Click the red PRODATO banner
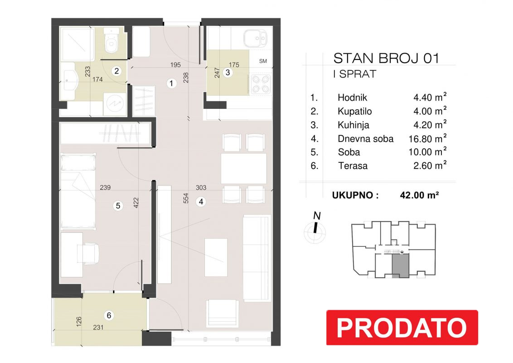(402, 327)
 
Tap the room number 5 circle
(118, 206)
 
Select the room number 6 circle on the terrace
(109, 315)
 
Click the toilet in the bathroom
(111, 41)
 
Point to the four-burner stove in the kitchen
(261, 84)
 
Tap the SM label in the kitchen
(263, 61)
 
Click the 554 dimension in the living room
(186, 198)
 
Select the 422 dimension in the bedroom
(136, 203)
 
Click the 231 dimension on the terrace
(98, 327)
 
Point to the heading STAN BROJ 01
(386, 59)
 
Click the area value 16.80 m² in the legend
(427, 138)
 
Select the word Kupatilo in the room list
(355, 111)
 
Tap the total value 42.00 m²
(419, 195)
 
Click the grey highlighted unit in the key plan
(401, 266)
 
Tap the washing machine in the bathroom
(115, 104)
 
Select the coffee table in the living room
(216, 258)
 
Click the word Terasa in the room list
(353, 166)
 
